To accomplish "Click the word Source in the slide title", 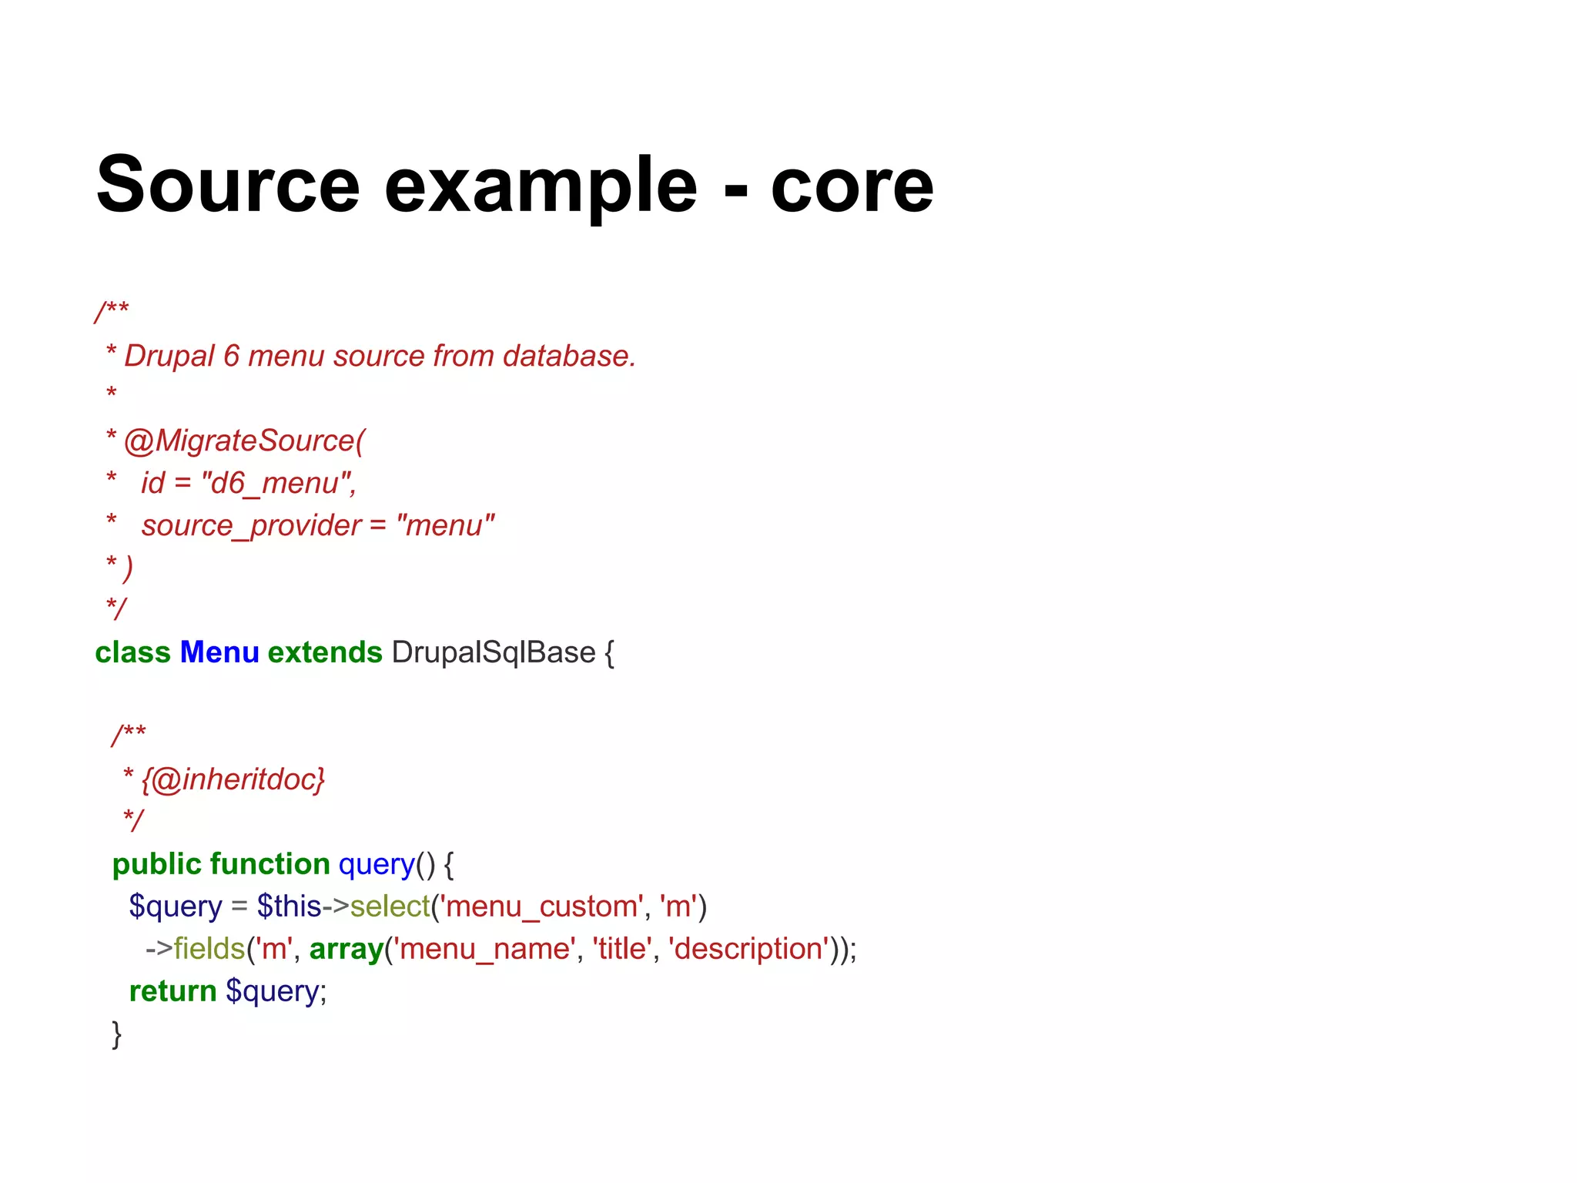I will [x=228, y=185].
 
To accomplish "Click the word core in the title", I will [x=852, y=186].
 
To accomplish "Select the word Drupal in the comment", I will [x=169, y=357].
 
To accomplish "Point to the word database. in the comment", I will [x=569, y=357].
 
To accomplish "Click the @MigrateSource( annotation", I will [x=244, y=441].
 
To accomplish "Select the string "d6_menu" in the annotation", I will [x=278, y=484].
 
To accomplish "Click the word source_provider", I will [x=251, y=526].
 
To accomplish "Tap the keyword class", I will [x=132, y=653].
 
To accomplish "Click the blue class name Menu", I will [x=219, y=653].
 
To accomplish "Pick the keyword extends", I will [x=325, y=653].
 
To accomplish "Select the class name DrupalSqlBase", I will [x=494, y=653].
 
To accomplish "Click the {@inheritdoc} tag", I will [x=233, y=780].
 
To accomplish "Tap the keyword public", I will [x=156, y=865].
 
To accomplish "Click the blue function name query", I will [x=377, y=865].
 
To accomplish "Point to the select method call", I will [x=390, y=907].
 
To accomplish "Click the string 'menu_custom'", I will [x=541, y=907].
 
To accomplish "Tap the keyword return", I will [x=172, y=992].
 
